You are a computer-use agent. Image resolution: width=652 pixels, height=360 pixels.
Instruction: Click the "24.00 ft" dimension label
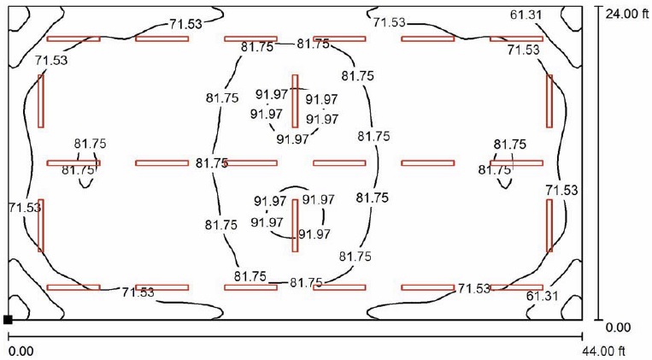[x=626, y=15]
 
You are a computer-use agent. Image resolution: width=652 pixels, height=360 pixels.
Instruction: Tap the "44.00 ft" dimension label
[x=603, y=351]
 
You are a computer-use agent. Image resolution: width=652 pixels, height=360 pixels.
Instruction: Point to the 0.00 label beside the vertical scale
[x=618, y=328]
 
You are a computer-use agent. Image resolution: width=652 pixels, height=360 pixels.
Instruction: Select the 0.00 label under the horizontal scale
[x=21, y=351]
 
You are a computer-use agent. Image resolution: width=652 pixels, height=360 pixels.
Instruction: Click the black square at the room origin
[x=8, y=320]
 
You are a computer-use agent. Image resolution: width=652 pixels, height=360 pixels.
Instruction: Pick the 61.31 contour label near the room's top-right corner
[x=526, y=15]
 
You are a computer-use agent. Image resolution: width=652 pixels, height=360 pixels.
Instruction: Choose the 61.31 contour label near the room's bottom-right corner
[x=542, y=296]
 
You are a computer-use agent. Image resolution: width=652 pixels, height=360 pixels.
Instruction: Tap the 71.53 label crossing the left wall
[x=25, y=207]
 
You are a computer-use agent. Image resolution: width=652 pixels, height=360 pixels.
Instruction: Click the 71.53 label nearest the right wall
[x=561, y=190]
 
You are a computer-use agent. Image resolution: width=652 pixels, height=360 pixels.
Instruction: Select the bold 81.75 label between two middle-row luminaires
[x=212, y=163]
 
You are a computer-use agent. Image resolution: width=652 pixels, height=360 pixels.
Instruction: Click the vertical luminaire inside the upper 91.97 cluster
[x=295, y=101]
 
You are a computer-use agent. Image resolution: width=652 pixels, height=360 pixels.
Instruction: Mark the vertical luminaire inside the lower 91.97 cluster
[x=295, y=226]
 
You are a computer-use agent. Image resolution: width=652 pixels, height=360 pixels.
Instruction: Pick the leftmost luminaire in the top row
[x=73, y=38]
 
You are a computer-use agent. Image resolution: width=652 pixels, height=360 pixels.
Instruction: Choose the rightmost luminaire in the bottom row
[x=516, y=287]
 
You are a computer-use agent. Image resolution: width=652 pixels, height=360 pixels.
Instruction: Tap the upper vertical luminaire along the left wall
[x=41, y=101]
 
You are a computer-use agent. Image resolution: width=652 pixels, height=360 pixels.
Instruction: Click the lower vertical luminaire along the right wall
[x=549, y=226]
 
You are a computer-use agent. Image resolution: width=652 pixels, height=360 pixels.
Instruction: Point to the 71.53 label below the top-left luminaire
[x=51, y=61]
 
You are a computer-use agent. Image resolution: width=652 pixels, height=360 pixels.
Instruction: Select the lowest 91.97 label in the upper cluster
[x=293, y=139]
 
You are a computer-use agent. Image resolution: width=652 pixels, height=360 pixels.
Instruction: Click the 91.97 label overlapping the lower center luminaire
[x=314, y=234]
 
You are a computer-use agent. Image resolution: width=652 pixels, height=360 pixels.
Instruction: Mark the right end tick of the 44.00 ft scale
[x=582, y=336]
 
